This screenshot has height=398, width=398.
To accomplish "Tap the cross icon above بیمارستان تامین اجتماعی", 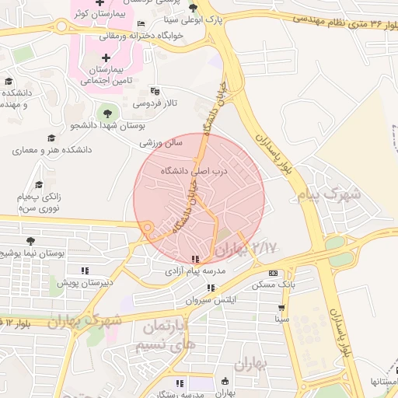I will (106, 57).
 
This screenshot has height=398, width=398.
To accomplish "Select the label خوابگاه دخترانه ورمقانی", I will (144, 35).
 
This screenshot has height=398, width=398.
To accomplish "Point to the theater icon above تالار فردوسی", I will (154, 90).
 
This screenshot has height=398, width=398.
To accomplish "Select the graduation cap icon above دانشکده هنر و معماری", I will (51, 137).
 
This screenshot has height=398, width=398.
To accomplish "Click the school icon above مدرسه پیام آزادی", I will (195, 259).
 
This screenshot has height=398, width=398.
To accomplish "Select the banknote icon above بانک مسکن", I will (273, 273).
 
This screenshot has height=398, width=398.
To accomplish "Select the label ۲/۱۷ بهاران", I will (246, 250).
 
